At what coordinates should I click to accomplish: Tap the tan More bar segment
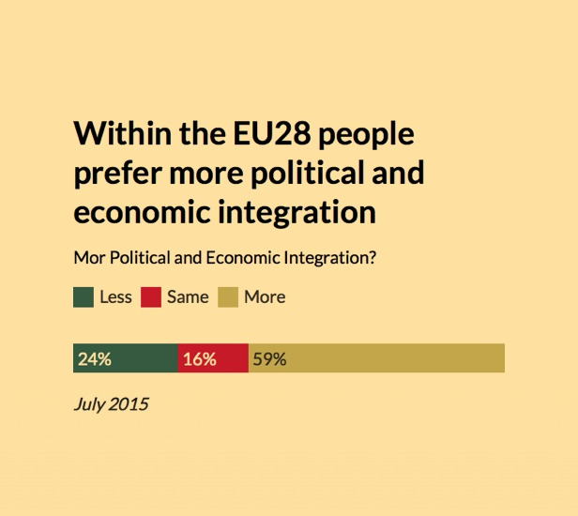[x=394, y=358]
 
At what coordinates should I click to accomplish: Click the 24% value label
[x=95, y=358]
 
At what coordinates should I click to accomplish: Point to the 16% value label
[x=200, y=358]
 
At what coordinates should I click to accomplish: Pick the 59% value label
[x=269, y=358]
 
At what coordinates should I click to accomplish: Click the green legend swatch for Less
[x=83, y=297]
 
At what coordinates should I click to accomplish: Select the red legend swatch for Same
[x=151, y=297]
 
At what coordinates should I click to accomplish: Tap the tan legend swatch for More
[x=228, y=297]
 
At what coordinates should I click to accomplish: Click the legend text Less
[x=115, y=297]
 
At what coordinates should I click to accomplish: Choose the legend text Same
[x=188, y=297]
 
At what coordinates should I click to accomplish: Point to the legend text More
[x=265, y=297]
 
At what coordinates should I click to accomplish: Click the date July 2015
[x=111, y=405]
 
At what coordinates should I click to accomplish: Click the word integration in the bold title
[x=296, y=212]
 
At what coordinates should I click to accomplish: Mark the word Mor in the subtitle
[x=87, y=258]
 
